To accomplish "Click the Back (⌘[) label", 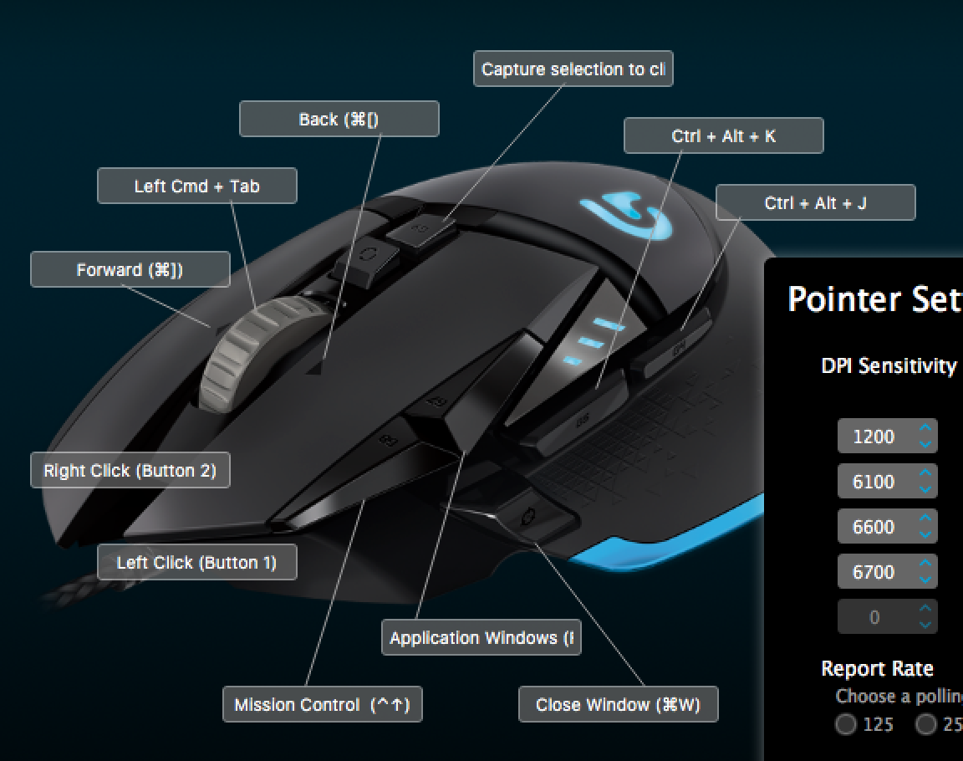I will (x=339, y=120).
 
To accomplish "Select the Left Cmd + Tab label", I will (x=196, y=186).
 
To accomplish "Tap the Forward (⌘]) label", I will (x=130, y=270).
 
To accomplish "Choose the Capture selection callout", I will (x=573, y=69).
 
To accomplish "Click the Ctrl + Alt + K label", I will (x=723, y=136).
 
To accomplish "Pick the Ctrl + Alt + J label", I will (x=815, y=203).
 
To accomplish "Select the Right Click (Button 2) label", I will (x=130, y=471).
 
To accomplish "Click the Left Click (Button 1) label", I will (x=196, y=563).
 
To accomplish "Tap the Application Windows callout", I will (x=481, y=638).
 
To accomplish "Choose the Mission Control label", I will (x=322, y=705).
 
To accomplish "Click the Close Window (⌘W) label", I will (x=618, y=705).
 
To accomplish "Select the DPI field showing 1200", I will (x=874, y=437).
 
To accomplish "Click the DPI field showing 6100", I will (x=874, y=482).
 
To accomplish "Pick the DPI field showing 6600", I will (x=874, y=527).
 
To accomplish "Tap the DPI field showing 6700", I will (x=874, y=572).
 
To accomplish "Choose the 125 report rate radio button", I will (x=846, y=724).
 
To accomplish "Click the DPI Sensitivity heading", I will (x=889, y=366).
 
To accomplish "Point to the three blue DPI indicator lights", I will (x=594, y=342).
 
